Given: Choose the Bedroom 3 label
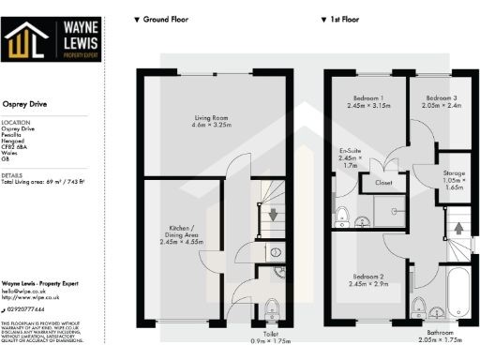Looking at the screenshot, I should pyautogui.click(x=440, y=101).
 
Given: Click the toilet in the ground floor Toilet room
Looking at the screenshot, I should pyautogui.click(x=270, y=307).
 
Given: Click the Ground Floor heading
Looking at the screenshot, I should pyautogui.click(x=162, y=19).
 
